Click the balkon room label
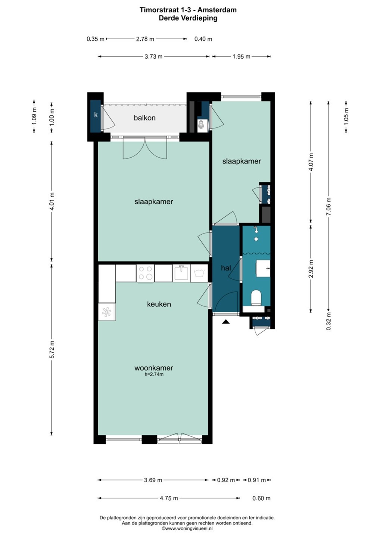click(145, 118)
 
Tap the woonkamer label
click(153, 368)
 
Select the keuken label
click(159, 304)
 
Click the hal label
click(226, 268)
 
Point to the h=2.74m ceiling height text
click(153, 374)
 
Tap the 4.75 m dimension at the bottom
click(169, 498)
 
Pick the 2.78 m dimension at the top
click(145, 39)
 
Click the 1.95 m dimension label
click(242, 56)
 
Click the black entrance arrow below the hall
click(225, 322)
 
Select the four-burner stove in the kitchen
click(145, 273)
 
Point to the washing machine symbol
click(199, 273)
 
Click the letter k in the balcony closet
click(96, 115)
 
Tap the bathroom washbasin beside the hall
click(264, 268)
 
